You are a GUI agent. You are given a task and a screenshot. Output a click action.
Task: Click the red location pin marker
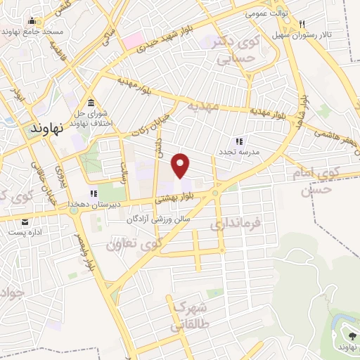(x=181, y=165)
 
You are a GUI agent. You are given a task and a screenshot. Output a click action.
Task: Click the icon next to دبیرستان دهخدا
(x=91, y=193)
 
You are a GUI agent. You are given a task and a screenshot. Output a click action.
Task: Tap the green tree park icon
(x=349, y=335)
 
